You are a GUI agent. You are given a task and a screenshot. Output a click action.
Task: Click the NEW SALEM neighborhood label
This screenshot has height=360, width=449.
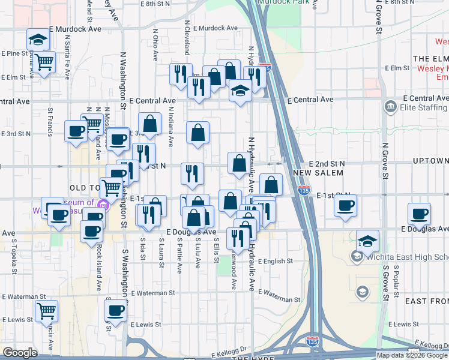point(319,173)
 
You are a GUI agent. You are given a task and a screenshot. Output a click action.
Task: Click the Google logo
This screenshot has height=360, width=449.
point(20,353)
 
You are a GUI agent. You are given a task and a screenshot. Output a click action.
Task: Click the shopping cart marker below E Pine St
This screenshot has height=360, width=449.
point(44,62)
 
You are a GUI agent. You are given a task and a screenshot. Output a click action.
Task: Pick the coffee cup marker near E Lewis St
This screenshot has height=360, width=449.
point(115,311)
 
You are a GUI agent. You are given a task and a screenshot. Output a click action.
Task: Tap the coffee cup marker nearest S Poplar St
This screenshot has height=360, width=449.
point(419,213)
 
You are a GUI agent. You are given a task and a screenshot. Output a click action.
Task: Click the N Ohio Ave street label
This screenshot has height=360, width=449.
point(155,45)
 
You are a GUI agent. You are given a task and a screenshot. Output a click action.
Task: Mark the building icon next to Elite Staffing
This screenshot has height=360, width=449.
point(390,107)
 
